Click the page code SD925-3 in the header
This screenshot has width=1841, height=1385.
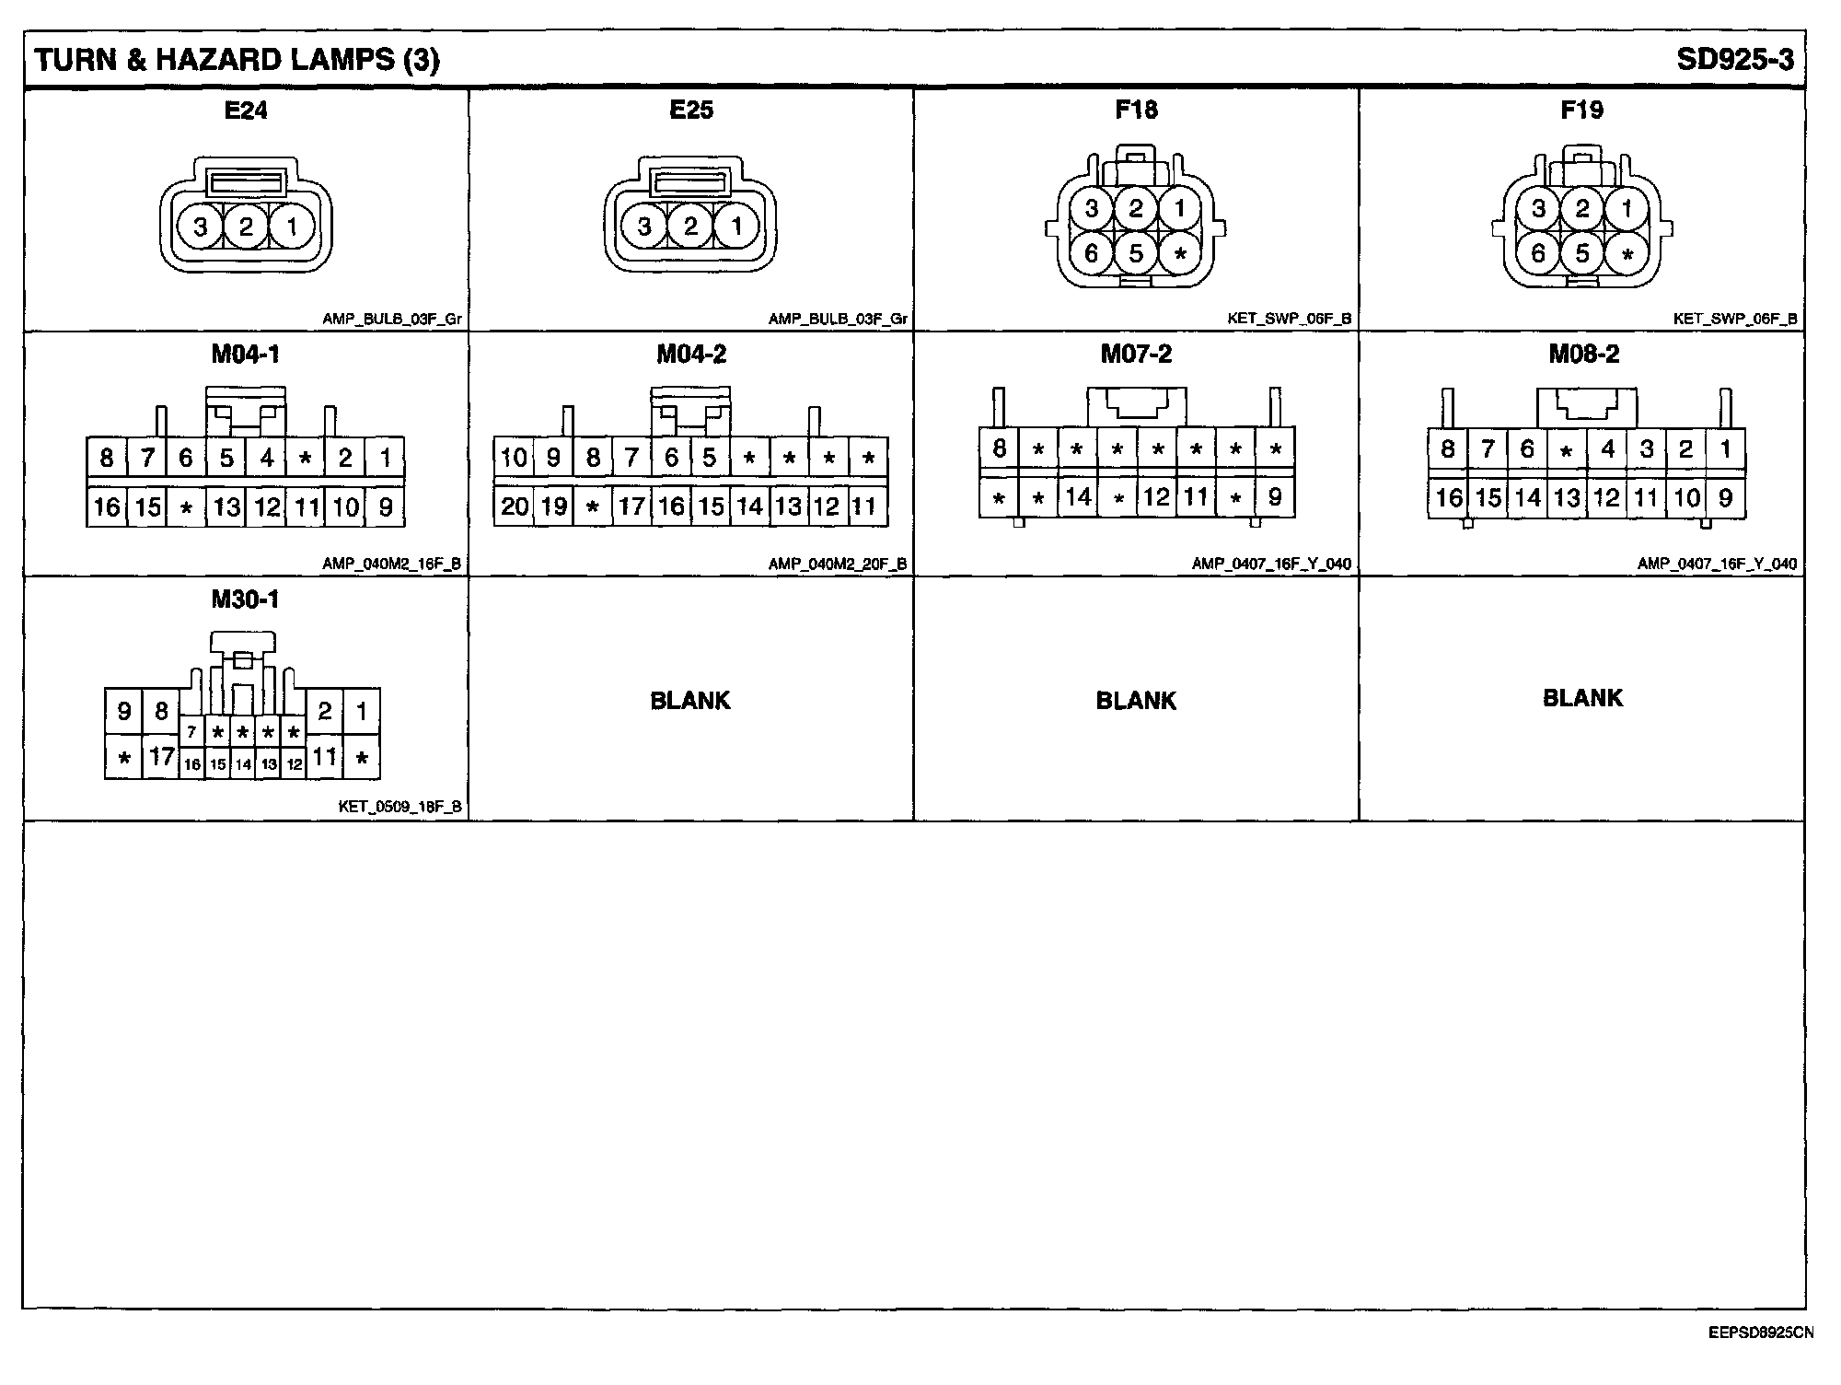[x=1734, y=60]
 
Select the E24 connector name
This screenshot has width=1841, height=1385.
[x=246, y=111]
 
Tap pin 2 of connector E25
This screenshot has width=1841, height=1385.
[x=690, y=227]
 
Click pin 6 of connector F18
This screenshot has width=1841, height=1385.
[x=1092, y=252]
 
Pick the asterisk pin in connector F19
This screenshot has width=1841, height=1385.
[x=1627, y=254]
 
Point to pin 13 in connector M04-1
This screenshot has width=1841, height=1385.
[x=227, y=507]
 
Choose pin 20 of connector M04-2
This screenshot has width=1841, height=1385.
[x=514, y=506]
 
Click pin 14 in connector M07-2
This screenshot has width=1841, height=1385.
[x=1078, y=498]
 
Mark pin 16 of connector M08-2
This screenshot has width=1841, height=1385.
[x=1449, y=498]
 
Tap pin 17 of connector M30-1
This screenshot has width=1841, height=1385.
[x=162, y=757]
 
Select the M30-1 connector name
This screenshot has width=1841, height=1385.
[x=245, y=599]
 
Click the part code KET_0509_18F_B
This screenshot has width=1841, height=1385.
[x=400, y=808]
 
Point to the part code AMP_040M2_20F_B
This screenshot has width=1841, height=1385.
[x=838, y=564]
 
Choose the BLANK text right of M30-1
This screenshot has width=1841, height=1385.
[x=690, y=701]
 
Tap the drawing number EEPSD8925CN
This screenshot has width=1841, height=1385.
[x=1760, y=1333]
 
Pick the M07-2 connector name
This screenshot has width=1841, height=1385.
[x=1136, y=355]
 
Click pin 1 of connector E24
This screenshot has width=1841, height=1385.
[x=292, y=227]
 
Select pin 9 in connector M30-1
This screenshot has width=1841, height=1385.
[x=124, y=711]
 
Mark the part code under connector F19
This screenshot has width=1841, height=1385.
[x=1734, y=320]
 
